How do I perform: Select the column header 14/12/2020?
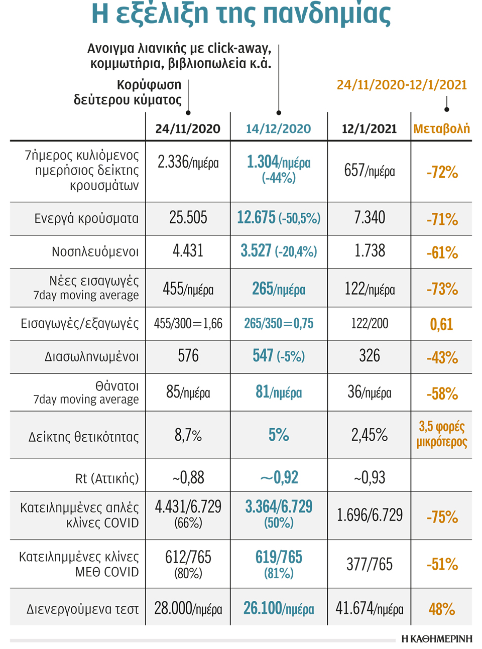click(278, 129)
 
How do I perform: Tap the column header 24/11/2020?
click(188, 129)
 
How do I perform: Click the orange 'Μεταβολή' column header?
click(441, 129)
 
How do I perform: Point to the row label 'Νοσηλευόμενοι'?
click(95, 251)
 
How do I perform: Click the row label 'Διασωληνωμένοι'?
click(91, 357)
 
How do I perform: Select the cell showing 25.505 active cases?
click(188, 218)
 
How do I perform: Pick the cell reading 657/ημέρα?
click(369, 171)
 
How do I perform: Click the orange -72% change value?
click(442, 173)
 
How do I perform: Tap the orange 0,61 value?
click(441, 324)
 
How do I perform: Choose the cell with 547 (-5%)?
click(278, 356)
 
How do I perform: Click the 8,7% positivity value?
click(188, 435)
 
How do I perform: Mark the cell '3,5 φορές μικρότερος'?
click(441, 434)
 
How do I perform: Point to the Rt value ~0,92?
click(279, 477)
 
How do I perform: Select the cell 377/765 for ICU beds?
click(369, 565)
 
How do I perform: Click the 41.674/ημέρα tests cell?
click(369, 609)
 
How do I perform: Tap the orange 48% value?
click(441, 609)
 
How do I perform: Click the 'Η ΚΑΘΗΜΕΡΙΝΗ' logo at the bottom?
click(437, 638)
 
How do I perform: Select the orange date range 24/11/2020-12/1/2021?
click(402, 85)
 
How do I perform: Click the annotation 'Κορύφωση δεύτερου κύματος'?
click(128, 92)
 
